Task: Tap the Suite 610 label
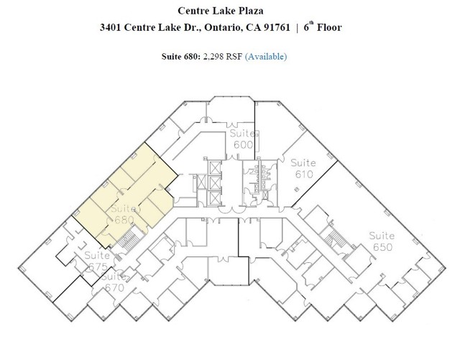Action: click(x=303, y=168)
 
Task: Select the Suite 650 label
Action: click(x=382, y=241)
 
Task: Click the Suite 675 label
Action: click(x=97, y=261)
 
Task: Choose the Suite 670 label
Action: click(x=114, y=282)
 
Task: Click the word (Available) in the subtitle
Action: click(x=266, y=56)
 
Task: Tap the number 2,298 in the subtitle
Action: click(x=213, y=56)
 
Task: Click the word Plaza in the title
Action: click(x=249, y=11)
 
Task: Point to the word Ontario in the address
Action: click(x=224, y=27)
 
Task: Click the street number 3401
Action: click(x=110, y=27)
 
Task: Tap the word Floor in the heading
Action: click(x=329, y=27)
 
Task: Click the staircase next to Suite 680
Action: click(x=129, y=239)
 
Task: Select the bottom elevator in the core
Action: click(x=214, y=197)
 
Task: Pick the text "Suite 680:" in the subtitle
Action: click(x=181, y=56)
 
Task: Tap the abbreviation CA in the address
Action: click(x=254, y=27)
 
